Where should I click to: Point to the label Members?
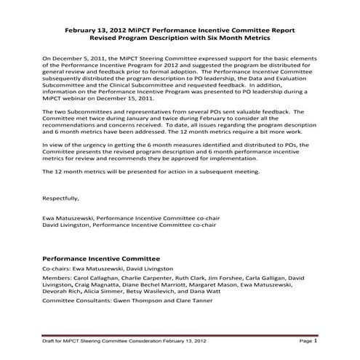pos(57,278)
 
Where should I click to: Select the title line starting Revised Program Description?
pos(180,38)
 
